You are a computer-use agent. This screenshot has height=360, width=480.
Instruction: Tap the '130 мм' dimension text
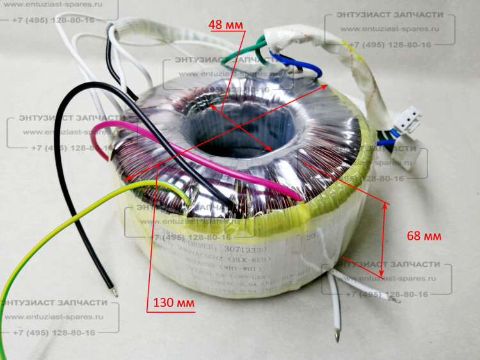click(173, 302)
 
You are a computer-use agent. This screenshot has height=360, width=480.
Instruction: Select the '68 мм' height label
click(424, 236)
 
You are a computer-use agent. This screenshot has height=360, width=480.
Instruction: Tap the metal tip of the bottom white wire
click(337, 333)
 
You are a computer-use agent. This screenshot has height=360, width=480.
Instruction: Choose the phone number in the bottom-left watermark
click(54, 333)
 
